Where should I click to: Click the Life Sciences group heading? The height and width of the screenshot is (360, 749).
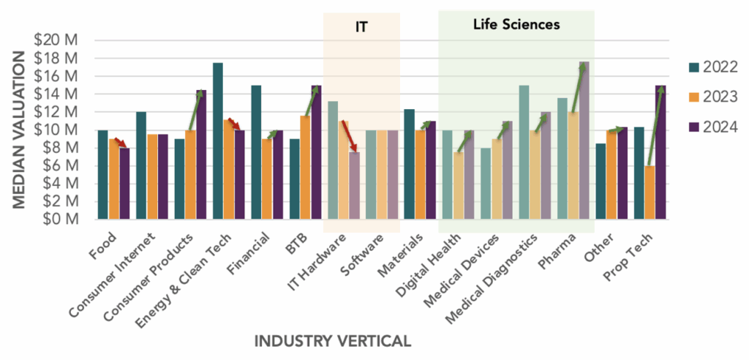point(516,24)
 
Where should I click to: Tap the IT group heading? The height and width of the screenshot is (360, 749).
point(361,28)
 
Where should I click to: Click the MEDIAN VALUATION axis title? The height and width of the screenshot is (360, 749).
point(20,130)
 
